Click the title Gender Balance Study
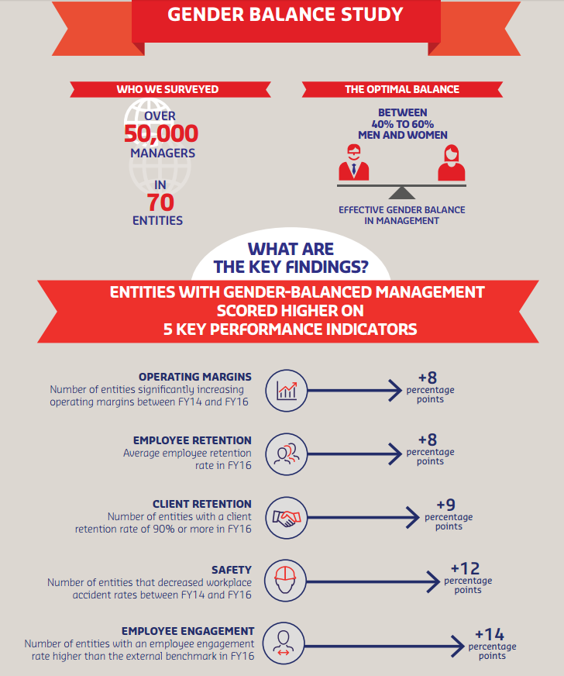click(285, 14)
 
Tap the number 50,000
click(161, 133)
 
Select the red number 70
click(160, 202)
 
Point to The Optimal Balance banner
click(402, 89)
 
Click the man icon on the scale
click(354, 163)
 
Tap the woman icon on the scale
click(451, 163)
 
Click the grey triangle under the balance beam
click(401, 193)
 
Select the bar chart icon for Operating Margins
click(287, 391)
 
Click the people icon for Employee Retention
click(287, 454)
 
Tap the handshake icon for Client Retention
click(287, 518)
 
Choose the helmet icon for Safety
click(285, 581)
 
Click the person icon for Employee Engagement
click(284, 643)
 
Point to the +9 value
click(446, 505)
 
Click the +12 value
click(466, 568)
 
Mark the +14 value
click(490, 634)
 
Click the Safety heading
click(232, 570)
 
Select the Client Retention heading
click(202, 504)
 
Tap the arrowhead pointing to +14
click(458, 646)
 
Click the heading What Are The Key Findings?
click(291, 258)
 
